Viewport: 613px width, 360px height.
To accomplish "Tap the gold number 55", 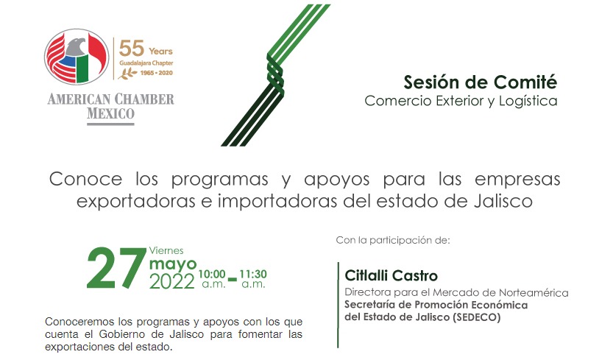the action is coord(132,49).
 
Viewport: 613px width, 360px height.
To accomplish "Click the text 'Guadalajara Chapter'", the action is coord(146,63).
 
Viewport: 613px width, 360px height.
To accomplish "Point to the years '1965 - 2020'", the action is coord(156,73).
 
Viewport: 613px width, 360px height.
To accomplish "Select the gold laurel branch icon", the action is coord(127,73).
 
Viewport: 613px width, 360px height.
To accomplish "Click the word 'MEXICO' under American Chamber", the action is coord(110,114).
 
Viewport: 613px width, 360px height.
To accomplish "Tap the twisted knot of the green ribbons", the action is coord(275,74).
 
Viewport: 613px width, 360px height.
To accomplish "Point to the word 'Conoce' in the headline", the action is coord(85,179).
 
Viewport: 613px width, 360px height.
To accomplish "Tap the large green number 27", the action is coord(116,269).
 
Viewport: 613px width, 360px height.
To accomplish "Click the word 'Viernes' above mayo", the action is coord(166,250).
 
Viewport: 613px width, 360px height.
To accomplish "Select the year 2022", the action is coord(172,282).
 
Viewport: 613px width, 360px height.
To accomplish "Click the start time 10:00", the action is coord(212,274).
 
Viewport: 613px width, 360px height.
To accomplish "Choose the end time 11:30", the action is coord(253,274).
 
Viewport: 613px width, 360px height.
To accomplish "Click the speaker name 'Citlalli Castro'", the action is coord(391,276).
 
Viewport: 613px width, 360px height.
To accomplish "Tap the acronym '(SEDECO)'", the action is coord(476,317).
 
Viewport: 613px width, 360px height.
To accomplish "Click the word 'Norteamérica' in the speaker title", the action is coord(534,293).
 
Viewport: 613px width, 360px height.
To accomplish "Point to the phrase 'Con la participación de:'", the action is coord(393,240).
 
